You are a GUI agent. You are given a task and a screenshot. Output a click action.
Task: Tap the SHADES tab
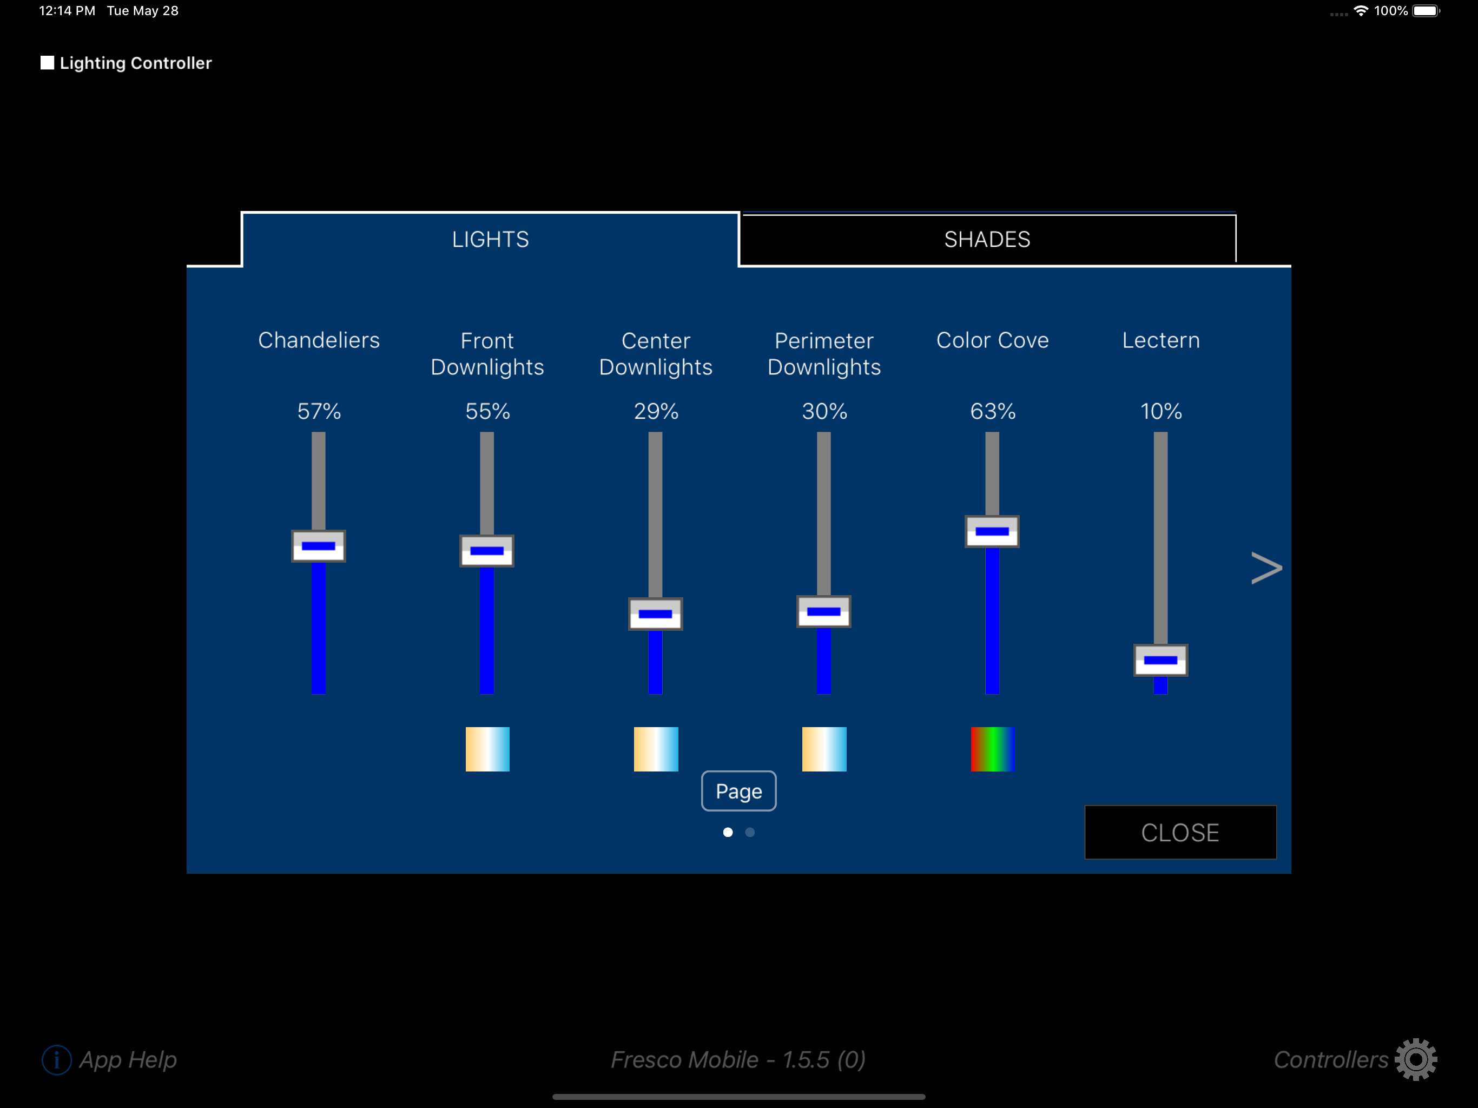[x=987, y=239]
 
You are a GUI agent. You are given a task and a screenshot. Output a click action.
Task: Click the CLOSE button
[x=1180, y=832]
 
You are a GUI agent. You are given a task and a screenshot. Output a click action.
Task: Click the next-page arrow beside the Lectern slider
[x=1266, y=568]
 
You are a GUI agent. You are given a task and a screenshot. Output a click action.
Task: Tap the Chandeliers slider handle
[x=318, y=546]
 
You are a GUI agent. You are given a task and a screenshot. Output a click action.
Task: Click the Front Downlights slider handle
[x=486, y=551]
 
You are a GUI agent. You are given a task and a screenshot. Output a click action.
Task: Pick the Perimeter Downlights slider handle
[x=823, y=611]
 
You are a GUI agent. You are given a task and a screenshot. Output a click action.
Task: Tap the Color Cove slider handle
[x=992, y=531]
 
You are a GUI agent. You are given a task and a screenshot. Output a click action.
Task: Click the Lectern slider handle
[x=1160, y=660]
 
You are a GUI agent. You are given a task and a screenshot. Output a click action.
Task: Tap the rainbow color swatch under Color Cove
[x=992, y=749]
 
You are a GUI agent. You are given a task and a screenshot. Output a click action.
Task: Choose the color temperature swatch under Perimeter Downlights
[x=824, y=749]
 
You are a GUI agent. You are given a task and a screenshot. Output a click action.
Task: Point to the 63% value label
[x=992, y=411]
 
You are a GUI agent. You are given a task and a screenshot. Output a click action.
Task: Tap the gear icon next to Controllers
[x=1416, y=1059]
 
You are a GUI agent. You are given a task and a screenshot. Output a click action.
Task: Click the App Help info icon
[x=57, y=1060]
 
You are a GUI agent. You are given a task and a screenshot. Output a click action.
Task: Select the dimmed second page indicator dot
[x=750, y=832]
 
